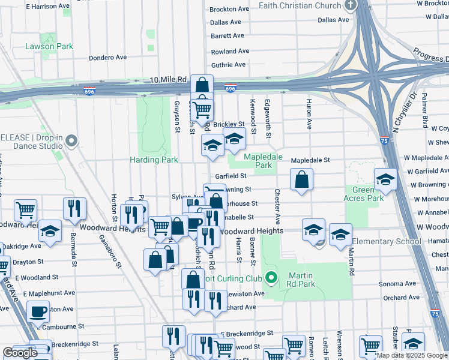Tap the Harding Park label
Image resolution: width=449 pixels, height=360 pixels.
coord(154,160)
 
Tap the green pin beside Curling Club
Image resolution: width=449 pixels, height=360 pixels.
coord(271,278)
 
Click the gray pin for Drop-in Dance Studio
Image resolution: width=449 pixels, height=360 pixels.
coord(72,142)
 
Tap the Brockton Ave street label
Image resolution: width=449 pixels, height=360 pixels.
coord(229,9)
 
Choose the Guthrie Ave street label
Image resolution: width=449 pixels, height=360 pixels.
coord(228,64)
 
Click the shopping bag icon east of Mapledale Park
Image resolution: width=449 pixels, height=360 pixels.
coord(301,179)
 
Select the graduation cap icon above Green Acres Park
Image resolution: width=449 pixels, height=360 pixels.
coord(385,179)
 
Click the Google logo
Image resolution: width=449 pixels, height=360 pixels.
coord(20,353)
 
